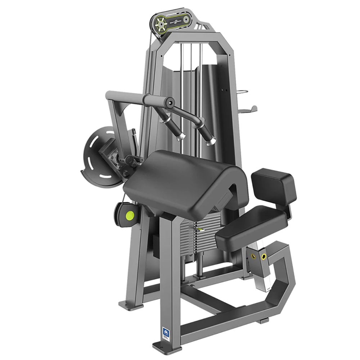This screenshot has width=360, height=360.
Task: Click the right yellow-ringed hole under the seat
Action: coord(264,256)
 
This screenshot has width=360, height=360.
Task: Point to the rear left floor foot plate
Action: coord(128,306)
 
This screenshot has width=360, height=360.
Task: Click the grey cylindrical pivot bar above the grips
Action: coord(158,100)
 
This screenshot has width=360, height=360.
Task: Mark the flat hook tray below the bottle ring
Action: coord(250,109)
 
